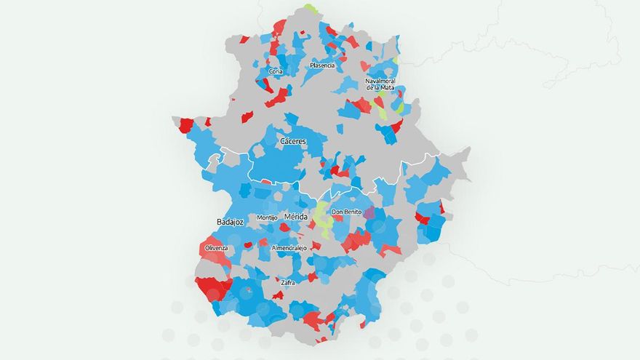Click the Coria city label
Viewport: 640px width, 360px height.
click(276, 71)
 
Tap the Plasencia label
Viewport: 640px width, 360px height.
click(322, 65)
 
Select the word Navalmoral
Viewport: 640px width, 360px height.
click(380, 81)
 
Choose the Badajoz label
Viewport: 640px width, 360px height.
click(230, 222)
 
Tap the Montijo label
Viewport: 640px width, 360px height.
click(268, 217)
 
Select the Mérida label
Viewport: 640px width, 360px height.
click(295, 217)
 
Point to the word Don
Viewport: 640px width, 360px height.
click(337, 212)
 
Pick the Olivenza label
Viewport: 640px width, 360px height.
click(216, 248)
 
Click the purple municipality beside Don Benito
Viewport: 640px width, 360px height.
click(369, 213)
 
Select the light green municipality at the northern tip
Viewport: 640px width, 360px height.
click(311, 9)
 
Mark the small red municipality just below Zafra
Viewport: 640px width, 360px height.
click(278, 295)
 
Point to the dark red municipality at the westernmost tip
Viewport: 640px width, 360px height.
click(185, 124)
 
